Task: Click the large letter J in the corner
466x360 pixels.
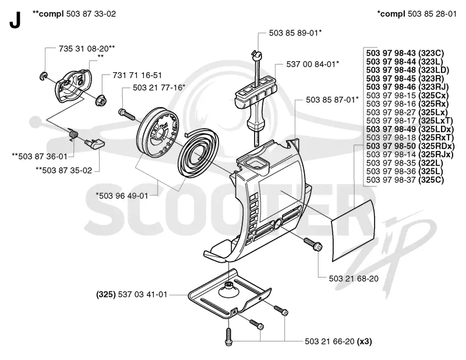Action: [15, 20]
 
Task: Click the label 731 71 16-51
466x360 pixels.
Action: [137, 75]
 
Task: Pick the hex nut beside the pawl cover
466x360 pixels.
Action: [101, 101]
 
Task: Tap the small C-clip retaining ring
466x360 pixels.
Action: [43, 76]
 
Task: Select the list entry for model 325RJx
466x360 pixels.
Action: [410, 154]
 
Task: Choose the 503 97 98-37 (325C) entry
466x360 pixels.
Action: [405, 180]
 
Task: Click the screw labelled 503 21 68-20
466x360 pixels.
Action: [313, 243]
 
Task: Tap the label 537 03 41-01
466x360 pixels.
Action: [143, 295]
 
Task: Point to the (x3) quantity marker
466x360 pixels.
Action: [365, 341]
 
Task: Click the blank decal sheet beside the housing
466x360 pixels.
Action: [353, 231]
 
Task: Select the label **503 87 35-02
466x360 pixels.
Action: [63, 170]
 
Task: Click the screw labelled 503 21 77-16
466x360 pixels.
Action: [127, 114]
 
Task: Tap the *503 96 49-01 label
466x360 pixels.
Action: [122, 196]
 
